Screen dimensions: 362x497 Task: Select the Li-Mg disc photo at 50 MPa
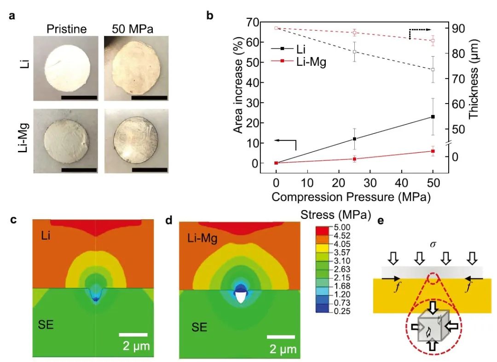pos(135,140)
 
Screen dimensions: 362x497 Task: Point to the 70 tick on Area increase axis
pos(252,22)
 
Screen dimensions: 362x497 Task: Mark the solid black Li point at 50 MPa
pos(433,117)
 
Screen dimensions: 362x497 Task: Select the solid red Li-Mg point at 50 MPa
pos(433,151)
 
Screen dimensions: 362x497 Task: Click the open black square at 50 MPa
pos(433,69)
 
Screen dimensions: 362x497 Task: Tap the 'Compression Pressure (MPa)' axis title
pos(350,197)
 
